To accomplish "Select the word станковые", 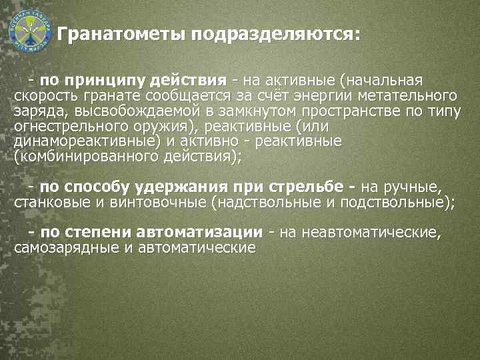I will coord(47,203).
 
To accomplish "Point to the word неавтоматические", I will coord(370,233).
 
